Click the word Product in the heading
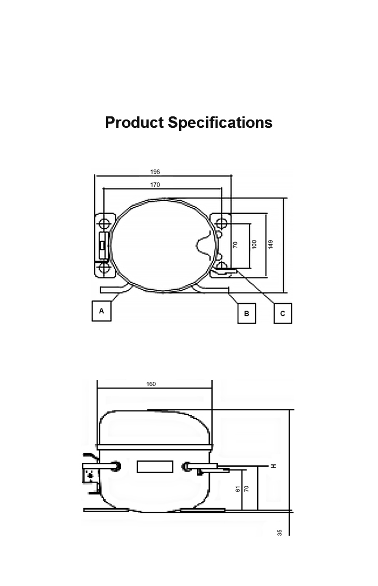pyautogui.click(x=134, y=123)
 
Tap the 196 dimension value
pyautogui.click(x=155, y=172)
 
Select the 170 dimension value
pyautogui.click(x=155, y=185)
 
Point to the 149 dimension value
pyautogui.click(x=271, y=244)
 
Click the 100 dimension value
pyautogui.click(x=254, y=244)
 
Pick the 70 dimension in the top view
pyautogui.click(x=235, y=244)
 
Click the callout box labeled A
pyautogui.click(x=102, y=311)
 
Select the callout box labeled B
pyautogui.click(x=247, y=313)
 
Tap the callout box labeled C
pyautogui.click(x=283, y=313)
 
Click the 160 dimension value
pyautogui.click(x=151, y=384)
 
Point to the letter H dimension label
pyautogui.click(x=273, y=466)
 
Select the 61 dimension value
pyautogui.click(x=237, y=489)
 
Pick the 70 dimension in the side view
pyautogui.click(x=247, y=489)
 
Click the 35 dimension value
pyautogui.click(x=280, y=532)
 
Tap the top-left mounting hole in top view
pyautogui.click(x=104, y=224)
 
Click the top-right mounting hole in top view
pyautogui.click(x=222, y=223)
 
